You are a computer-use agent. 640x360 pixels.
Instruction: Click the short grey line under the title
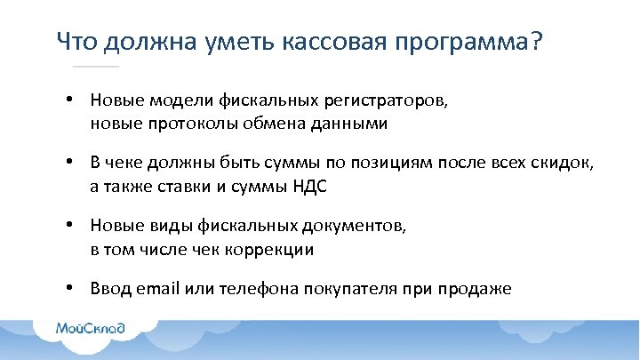tap(95, 67)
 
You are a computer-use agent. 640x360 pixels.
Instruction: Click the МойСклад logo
tap(91, 328)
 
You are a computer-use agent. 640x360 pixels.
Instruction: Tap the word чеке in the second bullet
tap(124, 164)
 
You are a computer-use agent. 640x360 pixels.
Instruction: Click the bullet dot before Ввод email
tap(68, 289)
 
